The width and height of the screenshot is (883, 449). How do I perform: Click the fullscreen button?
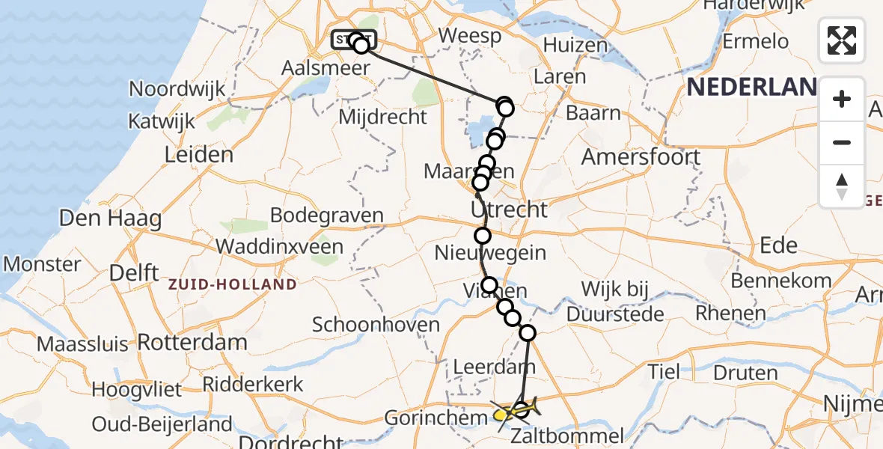pos(842,40)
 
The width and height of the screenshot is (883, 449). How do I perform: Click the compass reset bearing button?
pos(842,186)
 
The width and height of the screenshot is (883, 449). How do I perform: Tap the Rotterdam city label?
pos(192,343)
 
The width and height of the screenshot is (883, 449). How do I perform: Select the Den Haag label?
pos(110,219)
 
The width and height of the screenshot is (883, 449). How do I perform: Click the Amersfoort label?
pos(641,157)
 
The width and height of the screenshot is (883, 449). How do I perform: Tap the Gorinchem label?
pos(431,418)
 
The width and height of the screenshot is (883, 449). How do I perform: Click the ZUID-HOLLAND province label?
pos(232,284)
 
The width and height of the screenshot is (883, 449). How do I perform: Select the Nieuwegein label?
pos(490,252)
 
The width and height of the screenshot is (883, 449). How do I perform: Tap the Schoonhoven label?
pos(376,325)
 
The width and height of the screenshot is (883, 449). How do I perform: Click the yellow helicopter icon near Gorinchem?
pos(509,411)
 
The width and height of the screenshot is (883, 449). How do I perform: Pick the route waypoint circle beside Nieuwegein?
pos(483,236)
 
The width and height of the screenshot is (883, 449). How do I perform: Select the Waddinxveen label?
pos(279,246)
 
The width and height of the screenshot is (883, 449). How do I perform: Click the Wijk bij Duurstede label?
pos(614,302)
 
